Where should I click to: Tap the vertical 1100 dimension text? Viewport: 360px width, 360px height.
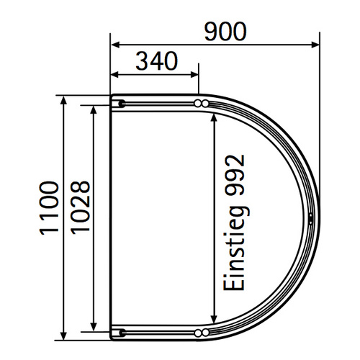coord(48,209)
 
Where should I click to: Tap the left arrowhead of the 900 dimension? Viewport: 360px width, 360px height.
coord(114,45)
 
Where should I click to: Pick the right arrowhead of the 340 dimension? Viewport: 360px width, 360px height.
coord(194,75)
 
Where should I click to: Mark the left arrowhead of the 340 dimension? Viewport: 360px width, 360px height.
coord(114,75)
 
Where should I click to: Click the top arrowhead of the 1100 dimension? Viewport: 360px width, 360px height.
coord(64,99)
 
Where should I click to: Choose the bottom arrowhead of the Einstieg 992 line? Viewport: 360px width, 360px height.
coord(213,322)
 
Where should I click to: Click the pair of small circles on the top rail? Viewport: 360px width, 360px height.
coord(202,104)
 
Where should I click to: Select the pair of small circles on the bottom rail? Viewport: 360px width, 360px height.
coord(202,332)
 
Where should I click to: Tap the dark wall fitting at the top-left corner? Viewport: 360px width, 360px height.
coord(120,104)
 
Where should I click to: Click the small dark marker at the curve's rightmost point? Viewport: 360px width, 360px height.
coord(310,218)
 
